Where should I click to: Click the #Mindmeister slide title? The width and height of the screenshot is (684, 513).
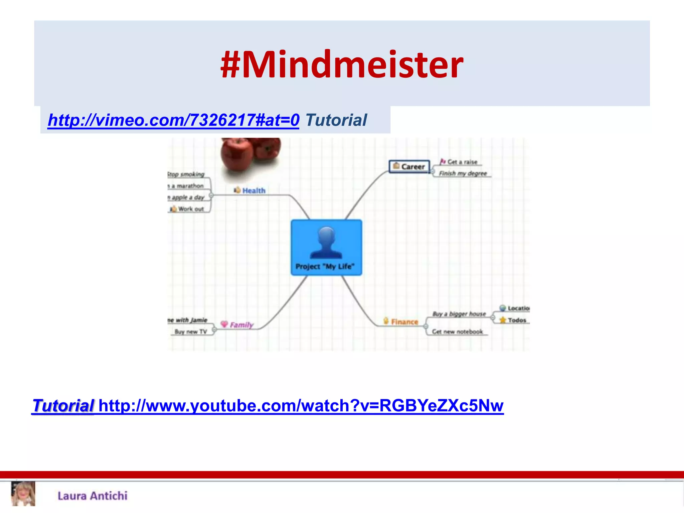342,64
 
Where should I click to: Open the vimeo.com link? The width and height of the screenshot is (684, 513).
173,120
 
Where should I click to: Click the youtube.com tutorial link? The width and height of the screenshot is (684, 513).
301,406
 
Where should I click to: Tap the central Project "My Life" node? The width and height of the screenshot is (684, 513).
326,247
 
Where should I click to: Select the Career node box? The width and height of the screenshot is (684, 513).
409,166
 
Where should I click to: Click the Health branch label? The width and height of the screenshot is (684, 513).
253,191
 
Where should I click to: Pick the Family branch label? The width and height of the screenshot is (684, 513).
241,325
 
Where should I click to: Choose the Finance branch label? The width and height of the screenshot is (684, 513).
404,322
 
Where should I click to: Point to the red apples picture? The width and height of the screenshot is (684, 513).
250,154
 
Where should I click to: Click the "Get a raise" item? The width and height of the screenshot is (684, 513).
462,162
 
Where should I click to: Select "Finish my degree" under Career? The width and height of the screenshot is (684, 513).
463,173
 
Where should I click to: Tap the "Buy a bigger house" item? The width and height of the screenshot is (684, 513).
459,314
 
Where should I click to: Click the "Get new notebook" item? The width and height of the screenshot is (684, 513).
457,332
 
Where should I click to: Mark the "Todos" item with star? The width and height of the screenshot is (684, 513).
516,320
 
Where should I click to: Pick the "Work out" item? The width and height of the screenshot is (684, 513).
190,209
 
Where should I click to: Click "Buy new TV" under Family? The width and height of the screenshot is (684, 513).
191,332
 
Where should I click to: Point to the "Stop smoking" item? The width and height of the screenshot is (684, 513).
186,174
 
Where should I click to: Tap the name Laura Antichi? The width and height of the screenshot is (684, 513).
93,496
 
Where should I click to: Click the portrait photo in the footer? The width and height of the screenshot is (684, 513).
23,494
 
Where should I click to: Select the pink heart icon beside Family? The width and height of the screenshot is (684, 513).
224,324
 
